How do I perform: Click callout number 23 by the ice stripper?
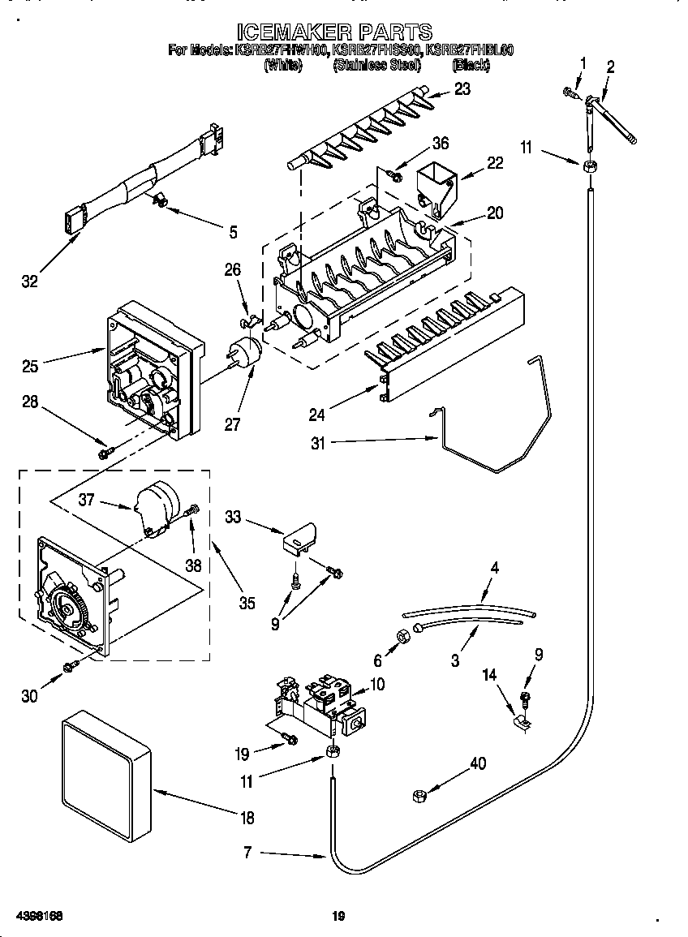coord(462,89)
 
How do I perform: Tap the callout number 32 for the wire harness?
coord(29,282)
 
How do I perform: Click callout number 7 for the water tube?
coord(248,853)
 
